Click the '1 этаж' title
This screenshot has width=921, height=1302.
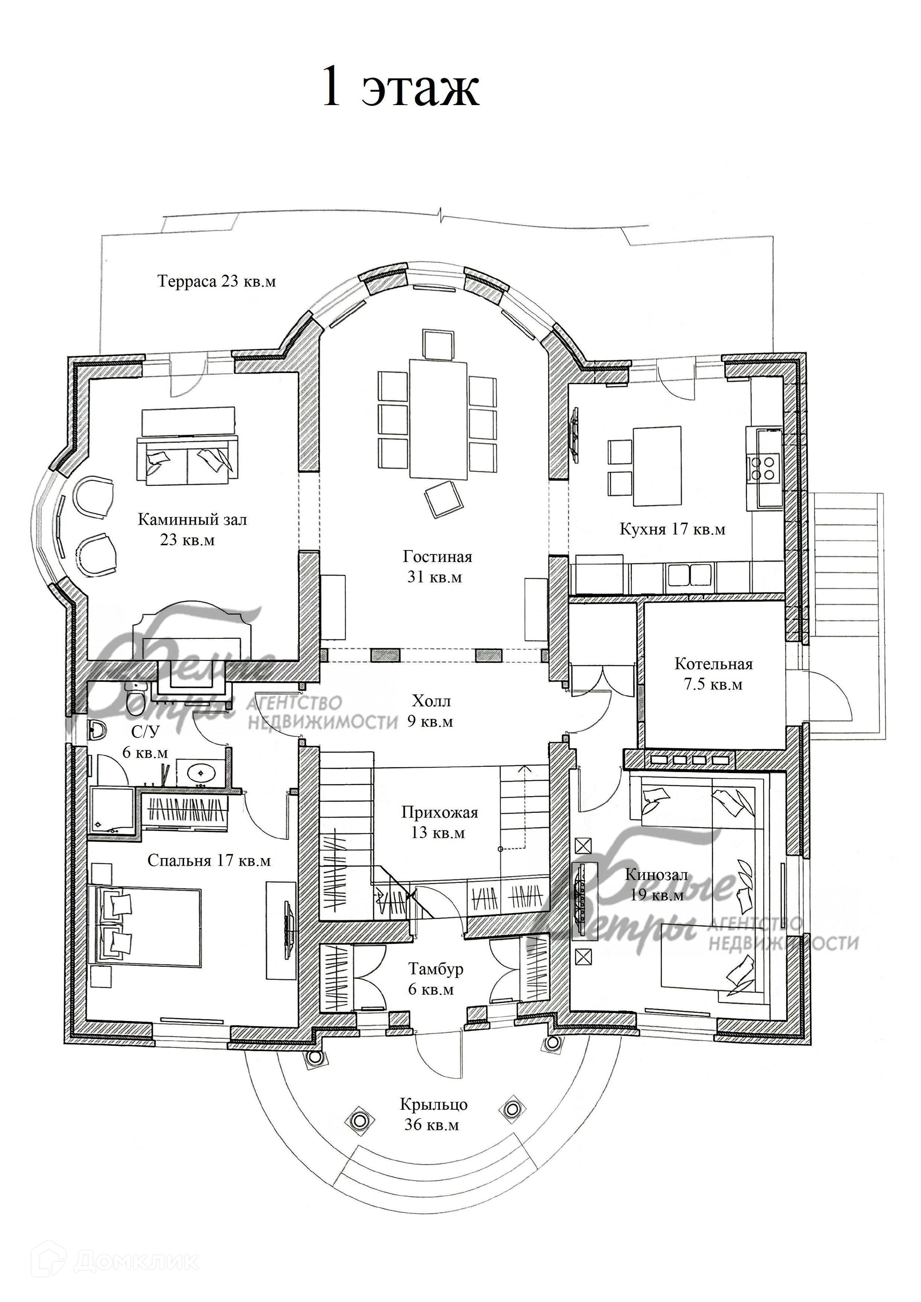point(401,87)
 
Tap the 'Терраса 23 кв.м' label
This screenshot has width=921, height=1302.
point(217,282)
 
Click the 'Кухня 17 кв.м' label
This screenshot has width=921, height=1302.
point(672,529)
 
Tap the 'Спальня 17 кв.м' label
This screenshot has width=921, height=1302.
point(209,861)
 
